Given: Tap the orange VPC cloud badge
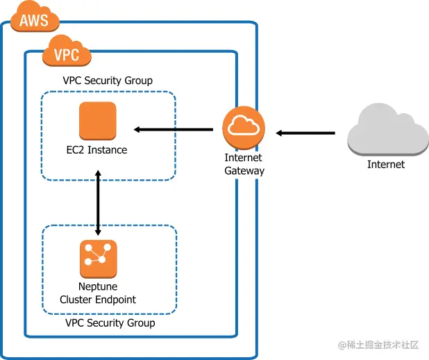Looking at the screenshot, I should tap(67, 54).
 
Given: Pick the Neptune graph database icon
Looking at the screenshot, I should tap(98, 258).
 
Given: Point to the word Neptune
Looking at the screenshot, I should tap(98, 287).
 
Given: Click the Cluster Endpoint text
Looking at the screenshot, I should tap(98, 300).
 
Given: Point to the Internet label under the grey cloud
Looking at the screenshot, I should tap(386, 165).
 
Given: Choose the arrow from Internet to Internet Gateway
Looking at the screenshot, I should tap(305, 132).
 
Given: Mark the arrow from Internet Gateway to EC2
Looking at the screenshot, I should tap(174, 129).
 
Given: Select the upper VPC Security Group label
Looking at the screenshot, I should tap(108, 81).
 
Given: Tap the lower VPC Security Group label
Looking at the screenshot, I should tap(110, 323).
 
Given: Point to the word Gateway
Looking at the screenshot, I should tap(244, 170).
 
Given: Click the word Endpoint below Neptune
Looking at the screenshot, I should tap(115, 300).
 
